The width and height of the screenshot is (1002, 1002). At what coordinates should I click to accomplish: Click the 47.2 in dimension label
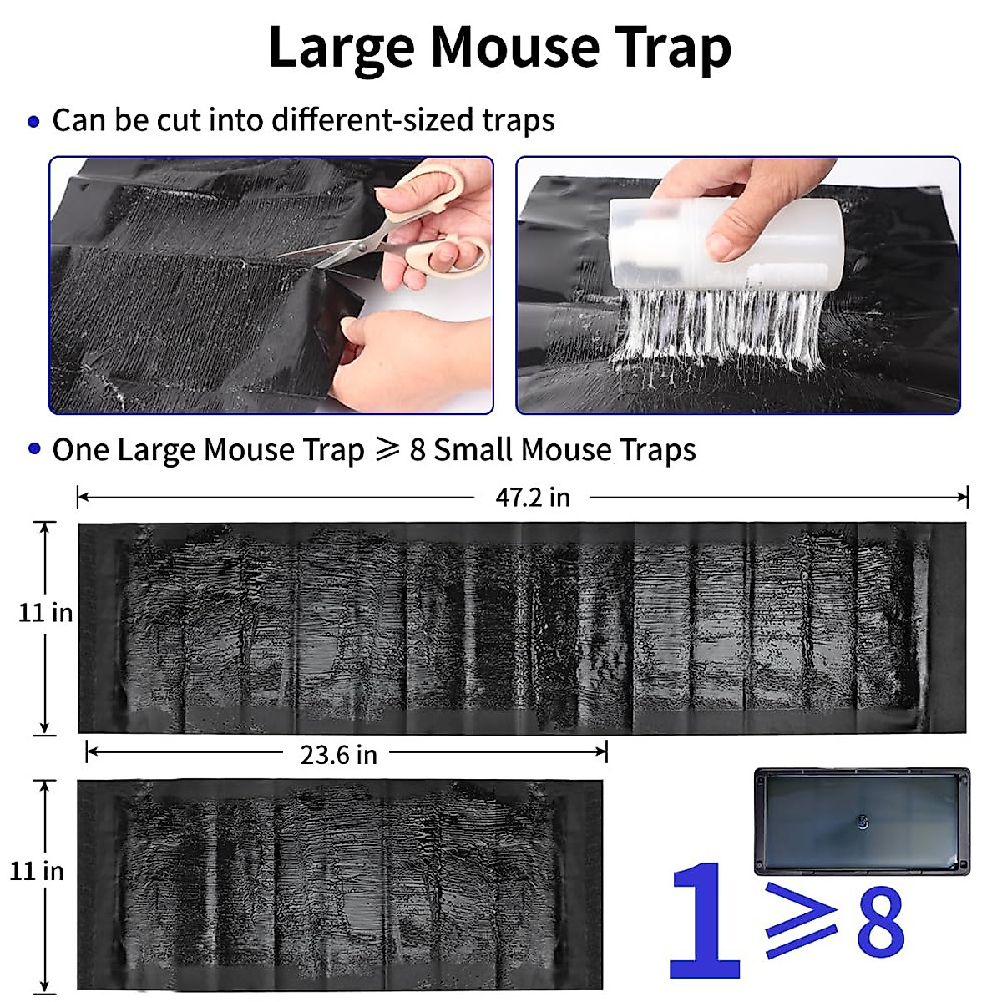point(533,498)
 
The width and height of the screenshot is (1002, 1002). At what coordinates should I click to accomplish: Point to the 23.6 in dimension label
point(338,755)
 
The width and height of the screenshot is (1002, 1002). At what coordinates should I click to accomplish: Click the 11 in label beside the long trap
point(45,613)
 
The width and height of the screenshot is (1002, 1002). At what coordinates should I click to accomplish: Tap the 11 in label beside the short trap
point(37,871)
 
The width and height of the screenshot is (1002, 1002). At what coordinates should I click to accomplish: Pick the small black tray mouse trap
point(861,822)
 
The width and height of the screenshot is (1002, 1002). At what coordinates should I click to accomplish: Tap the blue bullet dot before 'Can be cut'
point(33,122)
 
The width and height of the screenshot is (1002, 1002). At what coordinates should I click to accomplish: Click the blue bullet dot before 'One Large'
point(33,449)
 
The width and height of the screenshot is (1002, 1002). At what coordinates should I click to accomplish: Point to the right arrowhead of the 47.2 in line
point(964,498)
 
